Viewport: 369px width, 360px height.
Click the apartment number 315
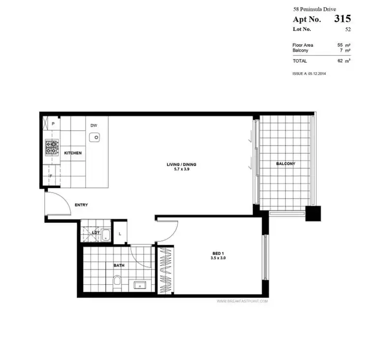pos(342,19)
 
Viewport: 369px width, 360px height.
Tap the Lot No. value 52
pos(347,30)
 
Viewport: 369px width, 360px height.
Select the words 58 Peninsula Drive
pos(314,9)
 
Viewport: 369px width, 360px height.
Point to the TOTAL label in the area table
pos(300,61)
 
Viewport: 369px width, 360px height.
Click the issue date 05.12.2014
pos(317,73)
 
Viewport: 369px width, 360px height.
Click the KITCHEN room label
pos(73,153)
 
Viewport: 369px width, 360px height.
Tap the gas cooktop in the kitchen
pos(51,148)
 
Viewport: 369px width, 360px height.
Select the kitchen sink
pos(95,137)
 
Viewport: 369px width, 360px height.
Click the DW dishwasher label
pos(93,125)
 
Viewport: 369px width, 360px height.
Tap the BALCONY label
pos(285,164)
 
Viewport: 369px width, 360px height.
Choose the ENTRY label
pos(81,205)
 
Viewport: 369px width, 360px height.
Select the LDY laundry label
pos(96,233)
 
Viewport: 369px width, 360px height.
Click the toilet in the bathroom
pos(117,281)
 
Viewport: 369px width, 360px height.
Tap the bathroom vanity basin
pos(141,284)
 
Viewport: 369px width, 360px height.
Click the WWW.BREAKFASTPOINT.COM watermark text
pos(242,300)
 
